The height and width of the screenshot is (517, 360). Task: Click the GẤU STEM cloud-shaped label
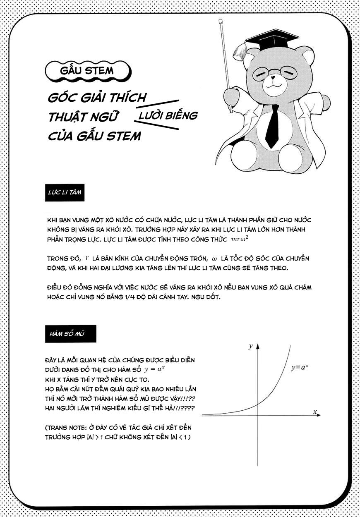[87, 70]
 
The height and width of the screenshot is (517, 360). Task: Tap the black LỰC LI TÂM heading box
[65, 193]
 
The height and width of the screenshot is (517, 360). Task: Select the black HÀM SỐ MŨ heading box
[70, 334]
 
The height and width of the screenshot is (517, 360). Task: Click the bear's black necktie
[273, 125]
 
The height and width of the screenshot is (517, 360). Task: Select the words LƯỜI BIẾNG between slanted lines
[168, 115]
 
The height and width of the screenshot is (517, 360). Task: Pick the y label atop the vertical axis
[251, 346]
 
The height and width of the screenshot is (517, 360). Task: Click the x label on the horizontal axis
[315, 412]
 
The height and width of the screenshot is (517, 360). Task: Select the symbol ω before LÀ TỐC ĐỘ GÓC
[214, 258]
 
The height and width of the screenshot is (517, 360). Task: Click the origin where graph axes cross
[258, 415]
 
